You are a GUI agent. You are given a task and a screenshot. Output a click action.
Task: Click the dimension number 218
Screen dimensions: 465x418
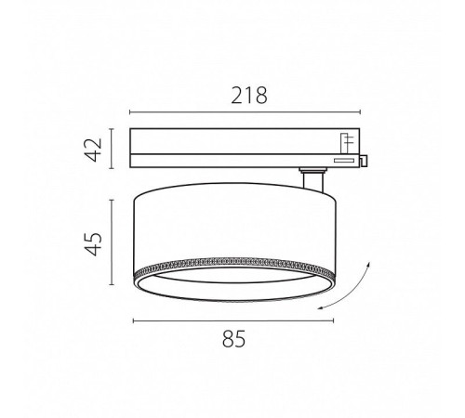249,96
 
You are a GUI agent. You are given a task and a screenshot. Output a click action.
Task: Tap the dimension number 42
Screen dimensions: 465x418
94,150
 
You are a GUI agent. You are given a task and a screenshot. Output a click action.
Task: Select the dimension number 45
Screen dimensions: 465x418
94,243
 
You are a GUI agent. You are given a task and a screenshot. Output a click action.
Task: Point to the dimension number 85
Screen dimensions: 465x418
233,339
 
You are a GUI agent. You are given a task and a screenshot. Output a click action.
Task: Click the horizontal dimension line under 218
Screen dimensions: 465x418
245,112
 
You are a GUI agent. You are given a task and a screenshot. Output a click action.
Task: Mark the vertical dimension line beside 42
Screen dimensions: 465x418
112,149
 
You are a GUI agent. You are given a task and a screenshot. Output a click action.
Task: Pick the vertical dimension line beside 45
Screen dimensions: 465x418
112,242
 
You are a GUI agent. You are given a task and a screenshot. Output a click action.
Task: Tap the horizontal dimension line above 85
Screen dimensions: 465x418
233,320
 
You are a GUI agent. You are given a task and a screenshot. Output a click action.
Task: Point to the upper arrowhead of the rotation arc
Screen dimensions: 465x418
368,264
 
